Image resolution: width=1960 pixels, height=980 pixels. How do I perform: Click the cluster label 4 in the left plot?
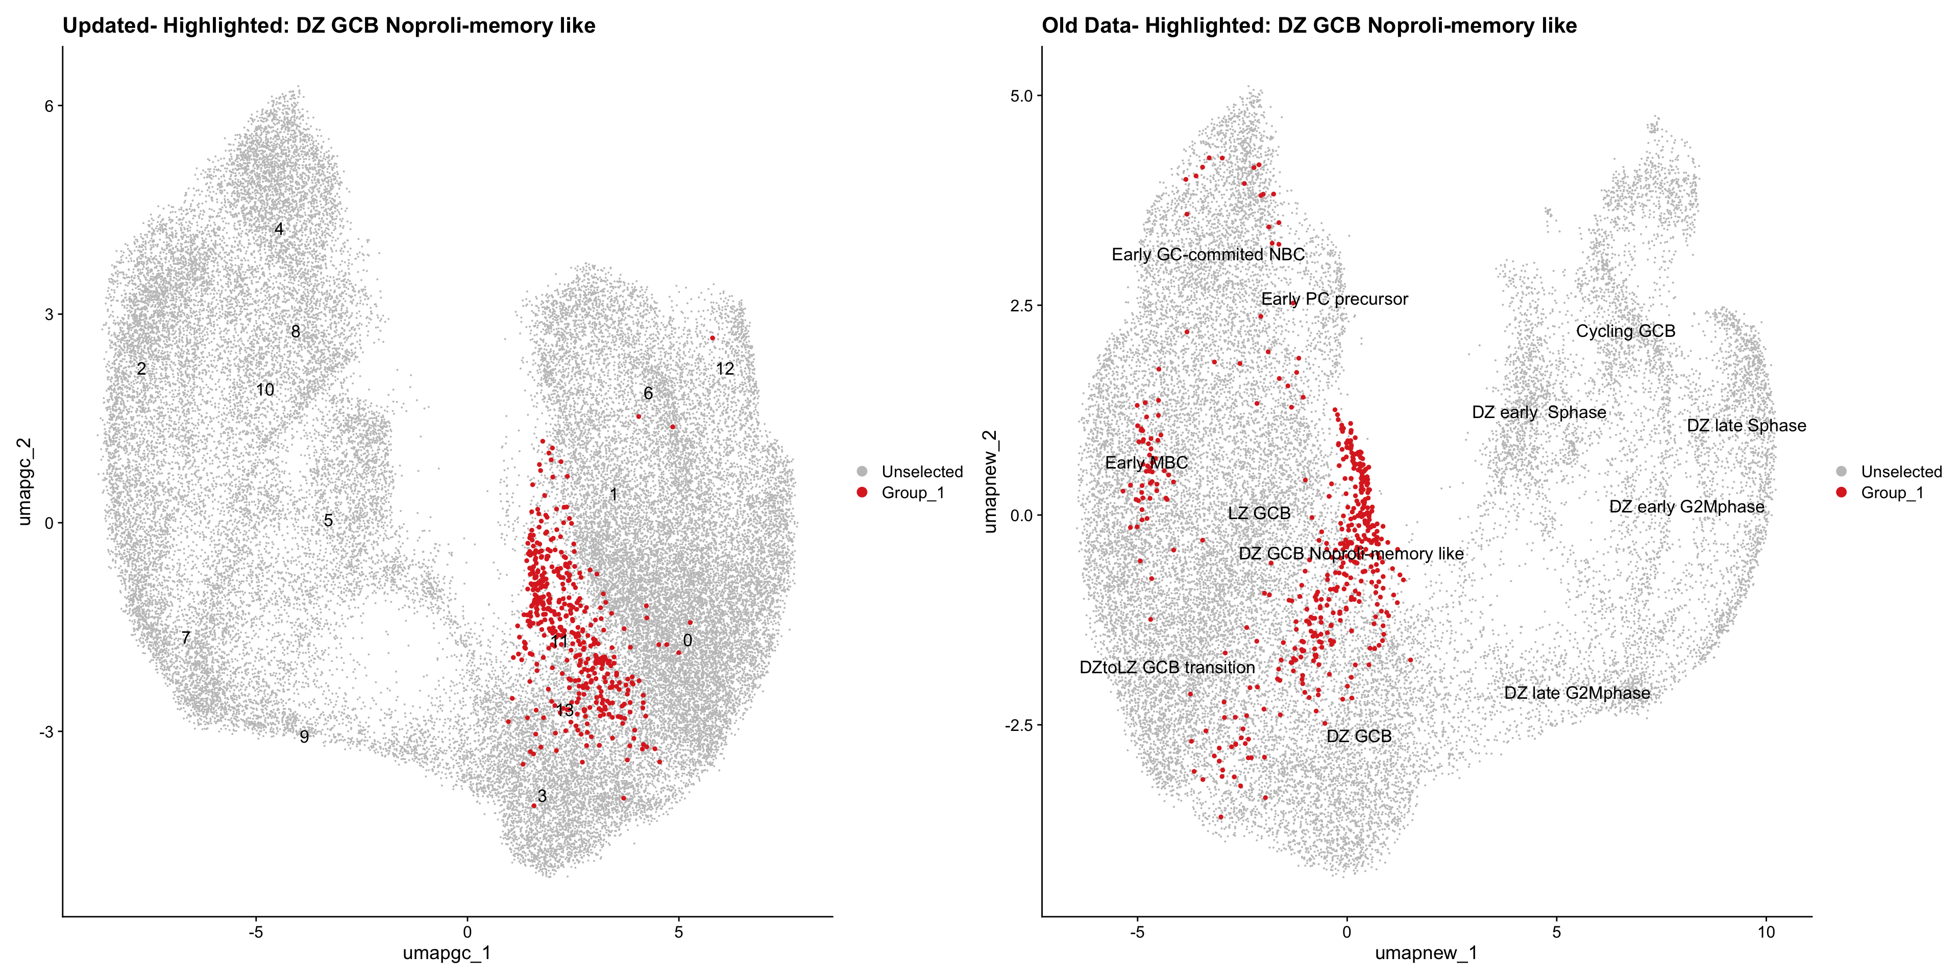279,229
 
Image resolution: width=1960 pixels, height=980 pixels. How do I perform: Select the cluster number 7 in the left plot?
186,638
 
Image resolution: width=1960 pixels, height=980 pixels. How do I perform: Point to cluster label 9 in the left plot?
304,737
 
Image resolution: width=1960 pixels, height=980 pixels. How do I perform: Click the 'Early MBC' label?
1146,462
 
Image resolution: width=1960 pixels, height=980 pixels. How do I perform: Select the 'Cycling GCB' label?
1625,331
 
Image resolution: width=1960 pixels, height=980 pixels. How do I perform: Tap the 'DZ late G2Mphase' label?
1577,693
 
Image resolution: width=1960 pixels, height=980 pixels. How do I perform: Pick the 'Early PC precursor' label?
1335,299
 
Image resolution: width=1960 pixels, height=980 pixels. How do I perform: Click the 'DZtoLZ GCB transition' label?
1167,667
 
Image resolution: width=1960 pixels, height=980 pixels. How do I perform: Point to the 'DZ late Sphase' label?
1746,425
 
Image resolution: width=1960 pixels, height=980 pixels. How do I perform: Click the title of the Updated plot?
329,26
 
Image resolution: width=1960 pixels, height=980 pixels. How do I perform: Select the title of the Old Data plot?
1309,26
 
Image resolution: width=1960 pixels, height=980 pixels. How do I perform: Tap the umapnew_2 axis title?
989,481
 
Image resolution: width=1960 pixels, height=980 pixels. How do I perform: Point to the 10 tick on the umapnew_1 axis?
1766,932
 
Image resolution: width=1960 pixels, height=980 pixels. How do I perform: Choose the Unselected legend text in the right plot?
1901,472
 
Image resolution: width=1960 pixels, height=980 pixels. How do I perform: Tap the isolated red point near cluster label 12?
712,338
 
